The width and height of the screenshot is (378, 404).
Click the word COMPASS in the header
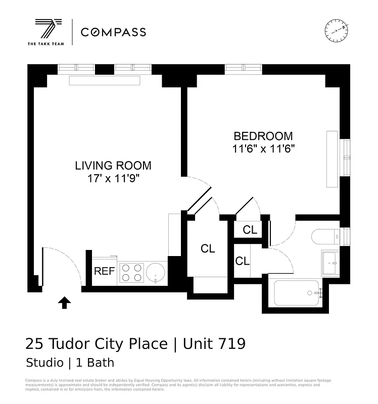click(113, 32)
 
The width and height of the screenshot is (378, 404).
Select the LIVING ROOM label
click(113, 165)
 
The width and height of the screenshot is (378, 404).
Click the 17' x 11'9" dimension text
click(113, 178)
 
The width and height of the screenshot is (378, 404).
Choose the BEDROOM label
click(263, 136)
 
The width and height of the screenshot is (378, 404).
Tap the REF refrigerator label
click(104, 271)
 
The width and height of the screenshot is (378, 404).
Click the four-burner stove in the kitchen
click(131, 273)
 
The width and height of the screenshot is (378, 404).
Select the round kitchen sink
click(156, 273)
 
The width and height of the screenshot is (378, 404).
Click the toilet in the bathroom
click(326, 237)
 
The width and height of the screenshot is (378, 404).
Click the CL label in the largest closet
click(208, 248)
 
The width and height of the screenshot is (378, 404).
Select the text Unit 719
click(214, 344)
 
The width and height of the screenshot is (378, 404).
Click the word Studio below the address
click(42, 363)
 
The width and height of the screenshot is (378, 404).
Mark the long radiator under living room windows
click(104, 80)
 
